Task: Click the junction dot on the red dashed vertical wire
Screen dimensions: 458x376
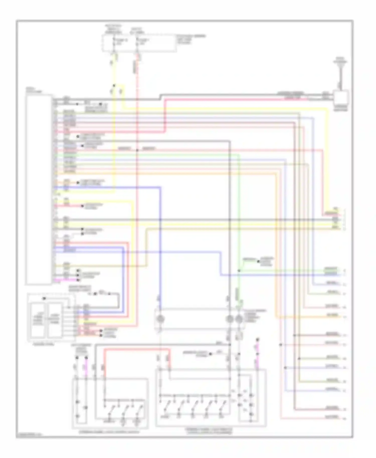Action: [137, 150]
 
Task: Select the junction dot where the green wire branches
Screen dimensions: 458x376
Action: [239, 271]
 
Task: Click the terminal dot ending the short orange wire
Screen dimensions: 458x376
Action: [78, 183]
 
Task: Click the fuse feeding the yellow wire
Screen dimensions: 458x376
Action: [114, 42]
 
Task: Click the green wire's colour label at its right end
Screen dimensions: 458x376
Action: [331, 269]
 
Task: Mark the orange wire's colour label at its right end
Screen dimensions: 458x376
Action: [332, 315]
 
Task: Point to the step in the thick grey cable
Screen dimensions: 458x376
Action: [160, 97]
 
